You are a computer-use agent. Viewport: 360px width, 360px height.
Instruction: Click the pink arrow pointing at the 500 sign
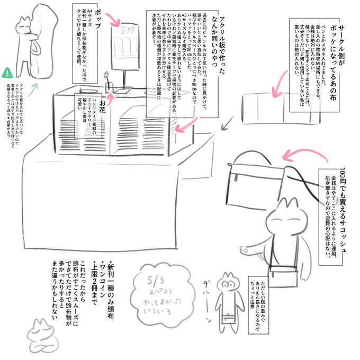(115, 21)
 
